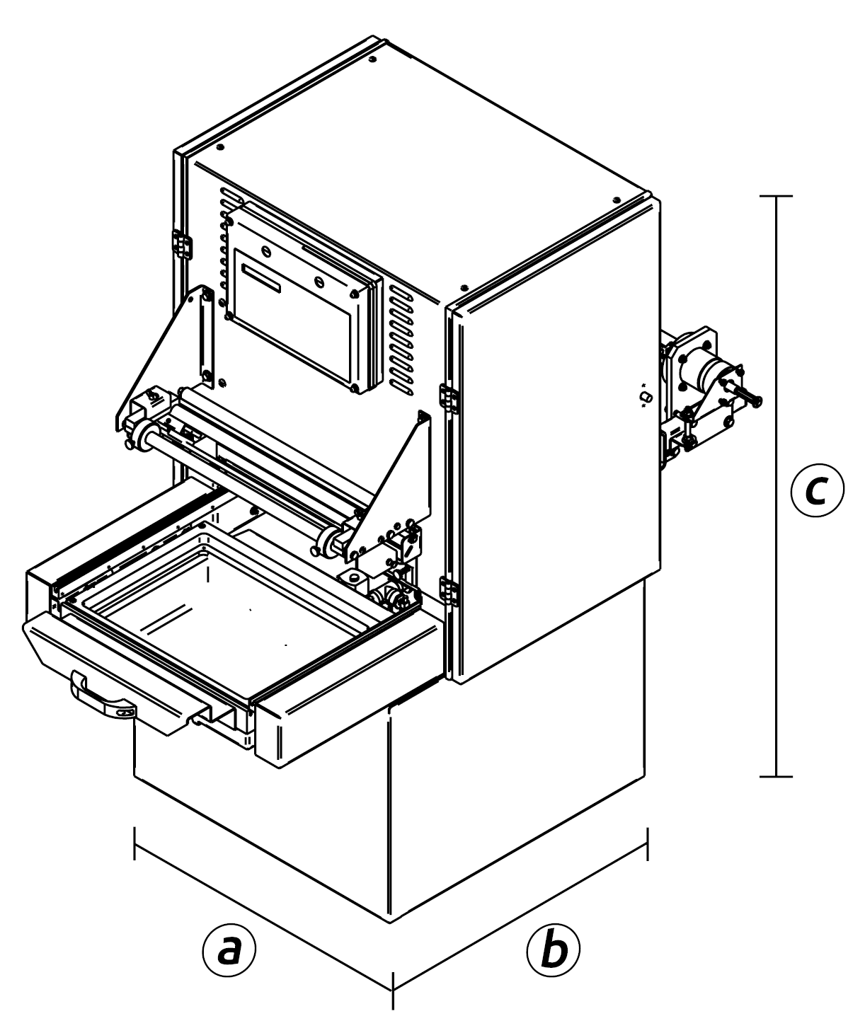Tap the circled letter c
tap(816, 490)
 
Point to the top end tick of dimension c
tap(777, 195)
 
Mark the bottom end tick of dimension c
tap(777, 777)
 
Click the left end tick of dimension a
tap(134, 842)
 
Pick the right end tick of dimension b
tap(648, 843)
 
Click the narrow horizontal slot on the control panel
tap(260, 277)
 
